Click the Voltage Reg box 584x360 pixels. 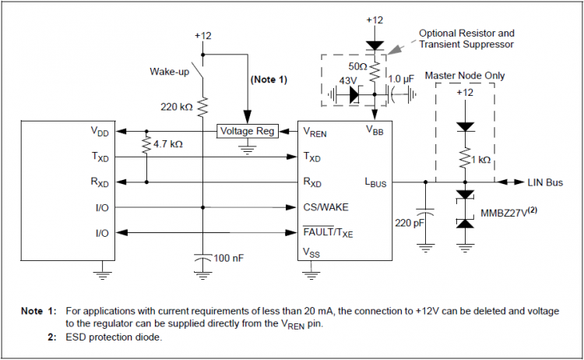pos(246,131)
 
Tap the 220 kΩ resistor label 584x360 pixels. pos(176,106)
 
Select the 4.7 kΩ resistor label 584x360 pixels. pos(167,145)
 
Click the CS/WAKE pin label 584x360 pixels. pos(325,207)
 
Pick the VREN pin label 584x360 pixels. pos(315,132)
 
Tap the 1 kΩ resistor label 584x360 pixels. pos(480,160)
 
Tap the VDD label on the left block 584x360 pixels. pos(100,132)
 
